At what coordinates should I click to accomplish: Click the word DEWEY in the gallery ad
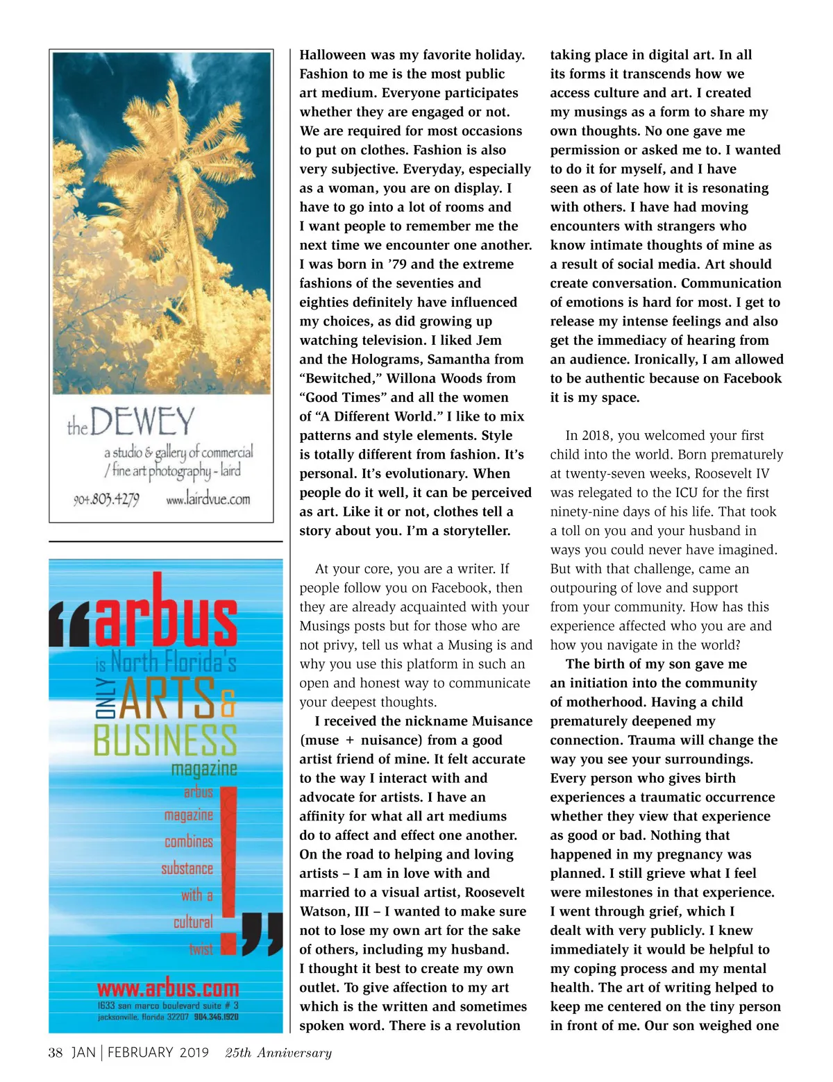[x=142, y=421]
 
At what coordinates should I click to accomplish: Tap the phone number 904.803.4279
[x=106, y=499]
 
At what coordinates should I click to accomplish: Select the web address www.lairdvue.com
[x=208, y=498]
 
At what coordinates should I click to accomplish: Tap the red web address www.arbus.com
[x=167, y=988]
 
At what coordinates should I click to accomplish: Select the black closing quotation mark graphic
[x=262, y=933]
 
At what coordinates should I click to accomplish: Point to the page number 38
[x=56, y=1052]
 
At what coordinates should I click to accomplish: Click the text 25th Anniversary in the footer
[x=278, y=1053]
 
